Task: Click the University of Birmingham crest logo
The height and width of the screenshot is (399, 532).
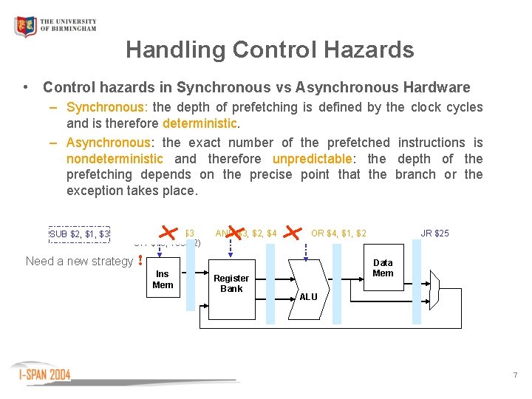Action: click(26, 27)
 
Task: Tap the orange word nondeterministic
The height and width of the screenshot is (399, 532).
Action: click(115, 159)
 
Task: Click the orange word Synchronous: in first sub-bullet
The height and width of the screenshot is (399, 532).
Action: click(106, 107)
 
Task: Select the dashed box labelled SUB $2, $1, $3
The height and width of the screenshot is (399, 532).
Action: click(79, 234)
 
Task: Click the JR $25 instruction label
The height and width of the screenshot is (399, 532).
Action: click(434, 233)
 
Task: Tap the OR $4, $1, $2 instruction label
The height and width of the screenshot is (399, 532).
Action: click(338, 233)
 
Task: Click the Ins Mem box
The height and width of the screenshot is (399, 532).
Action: click(163, 279)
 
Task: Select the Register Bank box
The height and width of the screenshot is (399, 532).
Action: click(231, 283)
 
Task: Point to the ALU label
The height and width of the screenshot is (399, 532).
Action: click(308, 296)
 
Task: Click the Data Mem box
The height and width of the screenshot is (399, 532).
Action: click(383, 267)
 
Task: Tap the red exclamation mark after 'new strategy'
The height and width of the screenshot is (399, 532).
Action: click(140, 262)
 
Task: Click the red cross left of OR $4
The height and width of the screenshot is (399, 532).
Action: click(295, 233)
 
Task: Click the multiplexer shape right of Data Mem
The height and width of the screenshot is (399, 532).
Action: click(434, 283)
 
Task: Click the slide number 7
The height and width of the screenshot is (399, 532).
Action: click(515, 375)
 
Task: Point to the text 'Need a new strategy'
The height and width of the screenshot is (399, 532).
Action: click(79, 261)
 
